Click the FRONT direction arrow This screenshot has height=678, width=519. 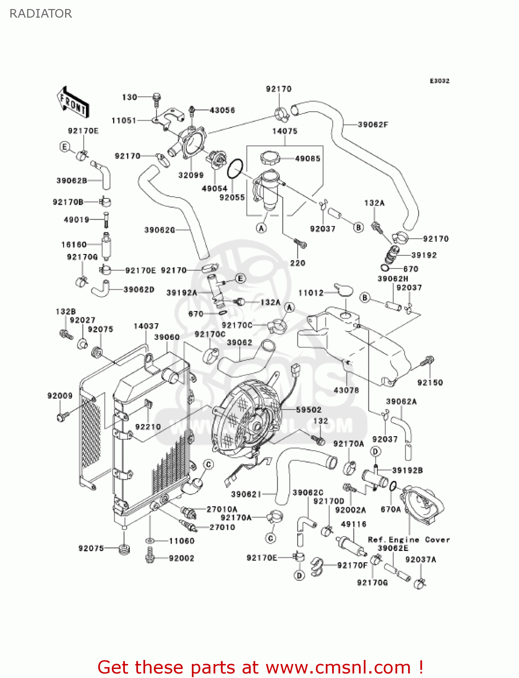[x=73, y=102]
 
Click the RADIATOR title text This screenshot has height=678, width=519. [x=41, y=14]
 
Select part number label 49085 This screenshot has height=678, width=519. [x=308, y=159]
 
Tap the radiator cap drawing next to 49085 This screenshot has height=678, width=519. [x=270, y=158]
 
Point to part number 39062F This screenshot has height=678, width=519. [x=373, y=125]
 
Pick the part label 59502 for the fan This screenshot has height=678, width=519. [x=309, y=410]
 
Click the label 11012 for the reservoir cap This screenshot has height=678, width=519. [x=311, y=293]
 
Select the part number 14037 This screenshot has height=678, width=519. [x=146, y=326]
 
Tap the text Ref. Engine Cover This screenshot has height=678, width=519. [x=409, y=540]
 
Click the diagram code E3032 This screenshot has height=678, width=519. [x=439, y=81]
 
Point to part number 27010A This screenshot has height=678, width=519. [x=222, y=509]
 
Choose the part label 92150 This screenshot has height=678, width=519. [x=430, y=382]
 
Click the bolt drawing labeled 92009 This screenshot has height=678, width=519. [x=62, y=416]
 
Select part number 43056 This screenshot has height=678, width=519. [x=222, y=110]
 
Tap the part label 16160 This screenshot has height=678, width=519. [x=74, y=245]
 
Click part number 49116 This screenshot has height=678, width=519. [x=353, y=524]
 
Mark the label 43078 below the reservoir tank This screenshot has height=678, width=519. [x=346, y=390]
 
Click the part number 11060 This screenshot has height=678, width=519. [x=181, y=541]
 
